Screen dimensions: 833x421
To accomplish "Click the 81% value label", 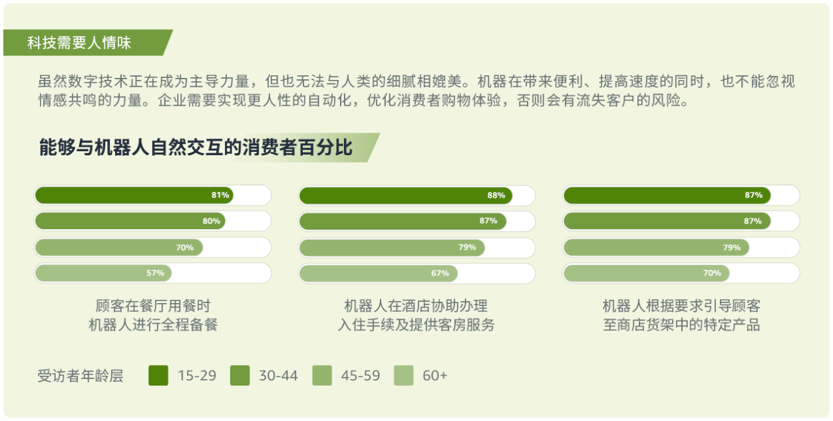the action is pos(220,195).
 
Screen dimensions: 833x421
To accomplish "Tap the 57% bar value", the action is pos(155,273).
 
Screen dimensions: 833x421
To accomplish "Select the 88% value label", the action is pos(496,195).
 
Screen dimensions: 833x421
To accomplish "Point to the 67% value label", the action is pos(440,274).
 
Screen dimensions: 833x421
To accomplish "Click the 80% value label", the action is pos(211,221).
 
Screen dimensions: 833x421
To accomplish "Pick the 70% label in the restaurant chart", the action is pos(185,248).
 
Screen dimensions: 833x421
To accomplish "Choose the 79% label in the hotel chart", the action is pos(467,247).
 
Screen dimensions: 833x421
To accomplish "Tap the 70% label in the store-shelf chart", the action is pos(712,273).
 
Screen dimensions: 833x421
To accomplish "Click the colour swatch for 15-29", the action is pos(158,375).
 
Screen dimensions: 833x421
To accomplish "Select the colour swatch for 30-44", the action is pos(240,375).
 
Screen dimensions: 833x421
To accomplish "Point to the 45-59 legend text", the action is pos(361,376).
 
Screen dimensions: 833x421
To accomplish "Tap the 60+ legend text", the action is pos(434,376).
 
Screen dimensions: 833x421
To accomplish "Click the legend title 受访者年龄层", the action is pos(81,376).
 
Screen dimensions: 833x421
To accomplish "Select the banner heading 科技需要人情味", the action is pos(79,43).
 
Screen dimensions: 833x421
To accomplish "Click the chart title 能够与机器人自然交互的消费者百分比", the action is pos(196,147).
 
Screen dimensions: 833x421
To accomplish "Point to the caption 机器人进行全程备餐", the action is pos(153,325).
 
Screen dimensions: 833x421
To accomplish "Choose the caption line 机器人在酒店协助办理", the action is pos(416,306).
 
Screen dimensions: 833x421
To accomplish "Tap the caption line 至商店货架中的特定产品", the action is pos(681,325).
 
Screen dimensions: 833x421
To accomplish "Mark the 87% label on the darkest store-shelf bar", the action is pos(753,195).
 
